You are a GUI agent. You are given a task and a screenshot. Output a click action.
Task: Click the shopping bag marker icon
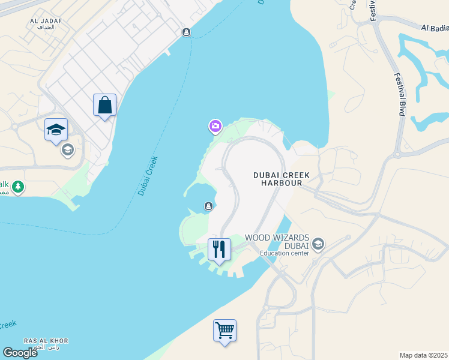pos(104,105)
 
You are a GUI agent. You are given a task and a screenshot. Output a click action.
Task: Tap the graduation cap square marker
pos(56,129)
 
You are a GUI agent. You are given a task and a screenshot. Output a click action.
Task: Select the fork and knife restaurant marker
pos(219,249)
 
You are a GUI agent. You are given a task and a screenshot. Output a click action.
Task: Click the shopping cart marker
pos(224,330)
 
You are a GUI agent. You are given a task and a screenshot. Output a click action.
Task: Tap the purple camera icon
pos(215,126)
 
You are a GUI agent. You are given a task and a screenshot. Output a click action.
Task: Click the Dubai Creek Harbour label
pos(281,179)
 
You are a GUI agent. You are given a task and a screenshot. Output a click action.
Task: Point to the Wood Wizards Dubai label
pos(276,242)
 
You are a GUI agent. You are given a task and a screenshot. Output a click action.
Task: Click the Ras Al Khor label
pos(46,341)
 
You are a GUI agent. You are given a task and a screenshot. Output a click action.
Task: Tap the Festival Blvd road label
pos(399,94)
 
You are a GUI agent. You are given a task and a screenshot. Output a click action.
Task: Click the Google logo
pos(20,352)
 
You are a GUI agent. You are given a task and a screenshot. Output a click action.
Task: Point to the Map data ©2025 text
pos(423,355)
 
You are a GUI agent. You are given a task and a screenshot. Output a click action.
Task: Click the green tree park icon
pos(19,187)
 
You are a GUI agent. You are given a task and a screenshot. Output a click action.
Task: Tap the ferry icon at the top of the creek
pos(187,32)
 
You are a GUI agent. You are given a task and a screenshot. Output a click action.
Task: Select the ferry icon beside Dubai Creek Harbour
pos(208,206)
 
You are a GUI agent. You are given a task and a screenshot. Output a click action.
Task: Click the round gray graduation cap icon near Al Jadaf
pos(67,149)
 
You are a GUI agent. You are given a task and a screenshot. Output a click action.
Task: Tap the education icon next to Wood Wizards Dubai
pos(318,244)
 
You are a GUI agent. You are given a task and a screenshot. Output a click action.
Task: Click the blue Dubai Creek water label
pos(148,175)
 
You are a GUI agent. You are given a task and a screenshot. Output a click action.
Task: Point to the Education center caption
pos(284,253)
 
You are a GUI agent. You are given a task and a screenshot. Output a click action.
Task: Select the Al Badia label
pos(435,28)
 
